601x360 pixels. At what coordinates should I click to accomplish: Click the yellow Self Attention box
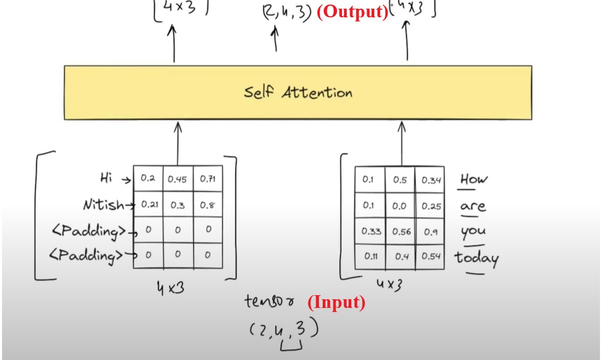298,92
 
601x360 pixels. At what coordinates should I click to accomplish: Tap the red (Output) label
352,12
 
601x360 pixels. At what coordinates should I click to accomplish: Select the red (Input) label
336,302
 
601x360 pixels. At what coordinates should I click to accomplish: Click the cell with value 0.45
178,179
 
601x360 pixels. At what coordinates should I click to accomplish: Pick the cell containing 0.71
208,179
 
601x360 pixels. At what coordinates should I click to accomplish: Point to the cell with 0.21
149,204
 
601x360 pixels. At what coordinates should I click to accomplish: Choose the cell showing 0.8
208,204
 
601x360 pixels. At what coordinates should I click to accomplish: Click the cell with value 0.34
430,180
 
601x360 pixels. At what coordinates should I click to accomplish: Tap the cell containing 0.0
400,205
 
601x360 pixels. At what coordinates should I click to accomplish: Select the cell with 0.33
371,231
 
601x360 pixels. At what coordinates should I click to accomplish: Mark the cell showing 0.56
400,231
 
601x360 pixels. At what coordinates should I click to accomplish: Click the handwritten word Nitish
104,205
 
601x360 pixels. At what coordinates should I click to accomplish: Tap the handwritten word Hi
106,178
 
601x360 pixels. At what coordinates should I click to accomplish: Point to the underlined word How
474,180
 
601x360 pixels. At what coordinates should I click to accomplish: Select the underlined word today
476,258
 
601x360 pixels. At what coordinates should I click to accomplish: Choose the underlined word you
473,232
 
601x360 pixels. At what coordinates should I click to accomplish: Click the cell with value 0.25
430,205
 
